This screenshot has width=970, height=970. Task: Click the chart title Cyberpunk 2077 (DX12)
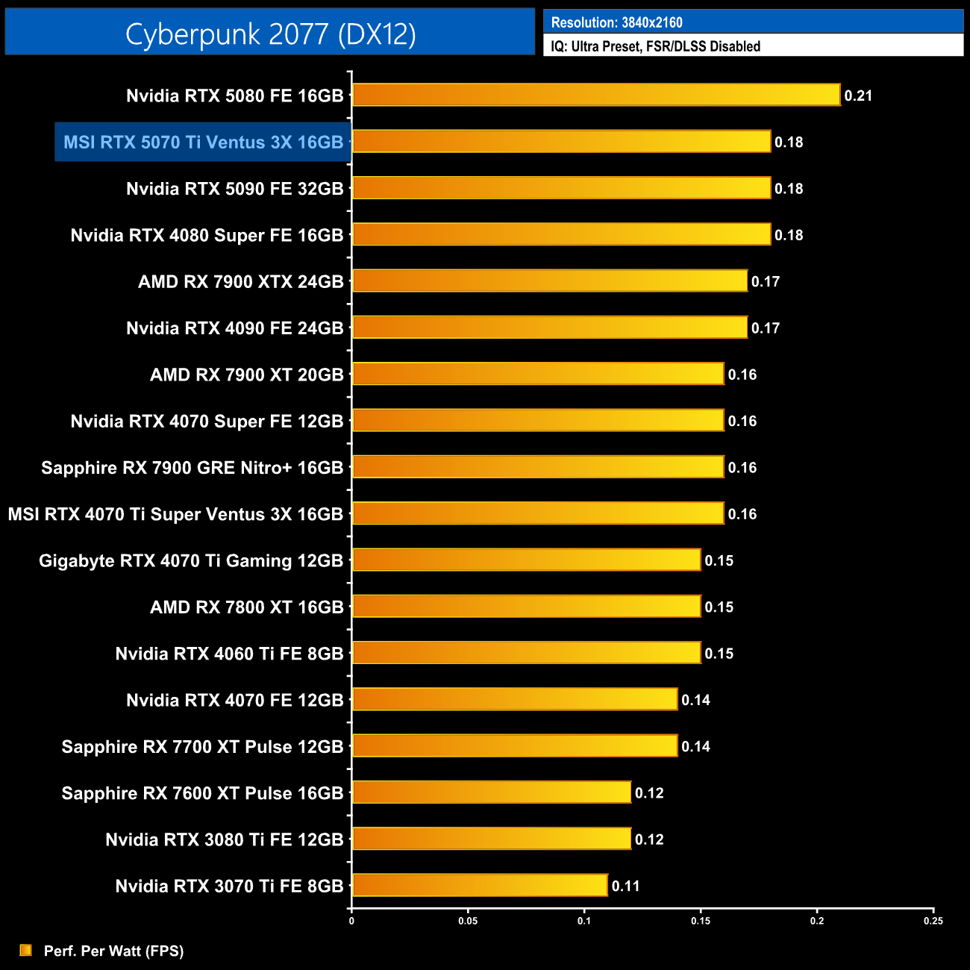(x=270, y=34)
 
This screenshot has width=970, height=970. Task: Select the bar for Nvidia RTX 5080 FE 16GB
(x=596, y=95)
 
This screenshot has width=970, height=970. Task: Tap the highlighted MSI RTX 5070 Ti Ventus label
(x=203, y=142)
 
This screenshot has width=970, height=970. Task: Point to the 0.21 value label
(x=858, y=96)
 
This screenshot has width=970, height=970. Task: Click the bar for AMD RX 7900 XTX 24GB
(x=549, y=281)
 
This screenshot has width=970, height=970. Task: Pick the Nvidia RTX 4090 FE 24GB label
(x=234, y=328)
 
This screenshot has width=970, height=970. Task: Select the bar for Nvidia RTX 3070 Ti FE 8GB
(x=480, y=885)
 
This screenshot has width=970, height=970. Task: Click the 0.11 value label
(x=625, y=886)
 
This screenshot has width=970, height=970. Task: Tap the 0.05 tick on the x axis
(x=468, y=921)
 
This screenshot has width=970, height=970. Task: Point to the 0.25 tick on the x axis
(x=933, y=921)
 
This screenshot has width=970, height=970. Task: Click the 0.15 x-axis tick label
(x=701, y=921)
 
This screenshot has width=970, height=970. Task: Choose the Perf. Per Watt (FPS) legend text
(x=113, y=951)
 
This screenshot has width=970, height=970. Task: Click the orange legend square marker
(x=26, y=950)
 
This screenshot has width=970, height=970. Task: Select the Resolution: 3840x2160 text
(x=616, y=22)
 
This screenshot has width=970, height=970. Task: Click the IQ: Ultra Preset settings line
(x=655, y=46)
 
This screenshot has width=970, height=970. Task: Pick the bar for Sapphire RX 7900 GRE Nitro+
(x=538, y=467)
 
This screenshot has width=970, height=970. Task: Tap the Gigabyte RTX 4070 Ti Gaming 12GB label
(x=191, y=560)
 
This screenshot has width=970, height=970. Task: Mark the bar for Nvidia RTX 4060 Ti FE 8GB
(x=526, y=653)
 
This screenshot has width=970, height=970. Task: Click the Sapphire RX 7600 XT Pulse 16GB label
(x=202, y=793)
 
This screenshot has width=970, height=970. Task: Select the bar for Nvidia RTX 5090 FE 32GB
(x=561, y=188)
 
